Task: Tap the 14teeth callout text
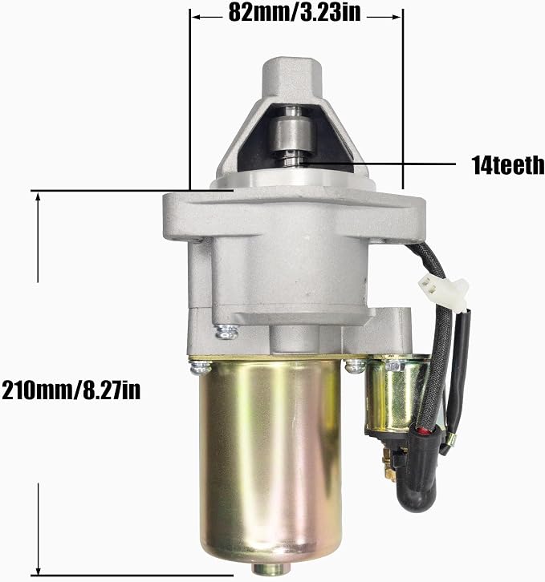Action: (508, 165)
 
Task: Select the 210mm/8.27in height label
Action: (71, 390)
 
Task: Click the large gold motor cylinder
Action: (270, 460)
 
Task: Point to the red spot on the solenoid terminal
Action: (422, 431)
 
